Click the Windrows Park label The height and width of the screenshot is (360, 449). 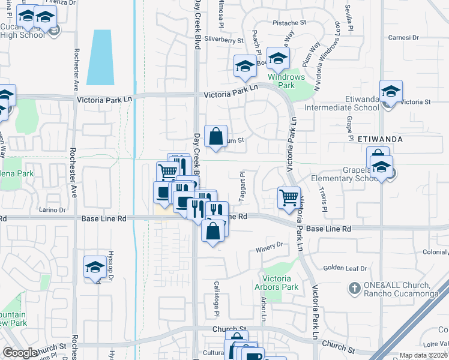286,81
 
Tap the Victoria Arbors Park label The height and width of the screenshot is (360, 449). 280,283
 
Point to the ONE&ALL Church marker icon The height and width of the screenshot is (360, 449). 354,289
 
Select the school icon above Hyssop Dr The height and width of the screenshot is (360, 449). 95,266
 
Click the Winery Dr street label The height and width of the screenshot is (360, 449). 269,245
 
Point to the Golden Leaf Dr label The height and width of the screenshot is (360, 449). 345,268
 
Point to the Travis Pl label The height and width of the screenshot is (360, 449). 323,201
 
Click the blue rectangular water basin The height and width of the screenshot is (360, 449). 100,58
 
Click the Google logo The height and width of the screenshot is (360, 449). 20,352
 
